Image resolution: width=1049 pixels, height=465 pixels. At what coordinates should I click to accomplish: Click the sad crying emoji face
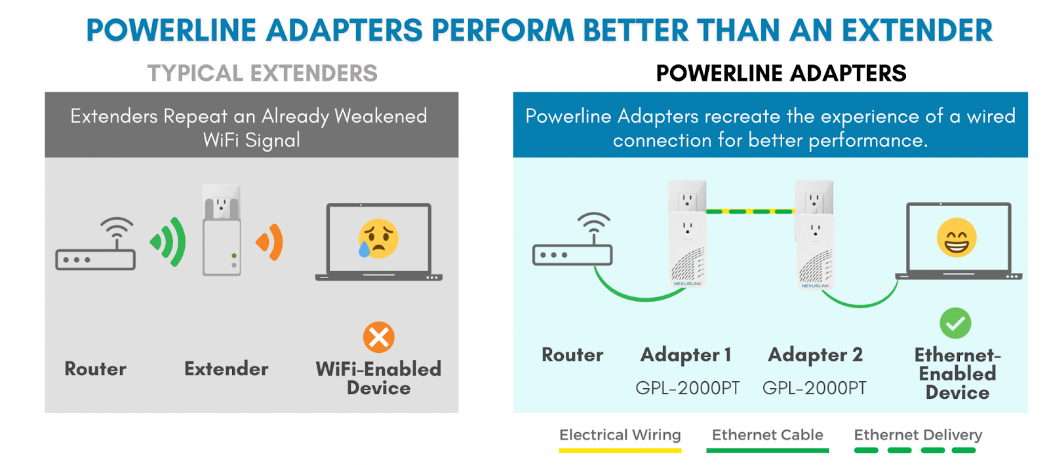378,238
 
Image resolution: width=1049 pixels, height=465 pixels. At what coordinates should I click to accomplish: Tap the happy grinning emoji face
956,237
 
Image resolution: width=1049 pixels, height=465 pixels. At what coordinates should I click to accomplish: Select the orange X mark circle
378,338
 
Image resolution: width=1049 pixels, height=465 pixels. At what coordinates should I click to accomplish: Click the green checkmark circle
955,323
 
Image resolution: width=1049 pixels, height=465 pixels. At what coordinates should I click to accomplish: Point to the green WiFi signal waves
169,242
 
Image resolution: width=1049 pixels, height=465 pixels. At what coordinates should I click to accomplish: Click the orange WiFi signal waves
271,242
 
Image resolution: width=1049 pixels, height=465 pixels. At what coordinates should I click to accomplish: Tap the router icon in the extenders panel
96,245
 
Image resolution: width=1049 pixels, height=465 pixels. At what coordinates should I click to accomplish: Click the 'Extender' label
226,369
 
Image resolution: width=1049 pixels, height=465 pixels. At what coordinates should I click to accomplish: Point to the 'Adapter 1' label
686,355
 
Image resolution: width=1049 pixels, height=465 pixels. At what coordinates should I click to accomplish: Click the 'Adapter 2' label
815,355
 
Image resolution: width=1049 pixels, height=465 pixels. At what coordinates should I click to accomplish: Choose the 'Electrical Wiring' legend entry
620,435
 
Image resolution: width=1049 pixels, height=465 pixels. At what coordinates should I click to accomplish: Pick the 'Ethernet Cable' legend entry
767,435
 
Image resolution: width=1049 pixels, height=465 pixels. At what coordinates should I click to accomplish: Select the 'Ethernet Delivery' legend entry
917,435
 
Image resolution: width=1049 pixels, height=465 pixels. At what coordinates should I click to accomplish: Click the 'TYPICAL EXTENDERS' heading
262,73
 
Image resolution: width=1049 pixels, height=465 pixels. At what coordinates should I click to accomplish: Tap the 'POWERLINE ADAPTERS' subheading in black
781,73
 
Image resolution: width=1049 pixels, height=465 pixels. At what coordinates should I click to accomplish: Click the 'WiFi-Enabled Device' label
378,378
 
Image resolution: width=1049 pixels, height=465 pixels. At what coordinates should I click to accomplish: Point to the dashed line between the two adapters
750,212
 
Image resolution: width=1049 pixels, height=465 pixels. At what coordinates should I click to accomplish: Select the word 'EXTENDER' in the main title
917,30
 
